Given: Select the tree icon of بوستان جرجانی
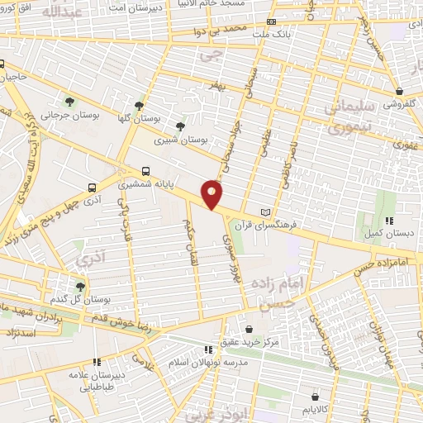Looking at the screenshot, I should click(x=69, y=102).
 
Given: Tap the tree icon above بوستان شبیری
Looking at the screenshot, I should click(x=180, y=126).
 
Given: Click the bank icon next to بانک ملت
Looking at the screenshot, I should click(x=271, y=22).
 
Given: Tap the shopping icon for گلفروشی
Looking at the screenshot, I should click(x=400, y=91).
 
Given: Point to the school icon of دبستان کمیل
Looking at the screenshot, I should click(x=390, y=221).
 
